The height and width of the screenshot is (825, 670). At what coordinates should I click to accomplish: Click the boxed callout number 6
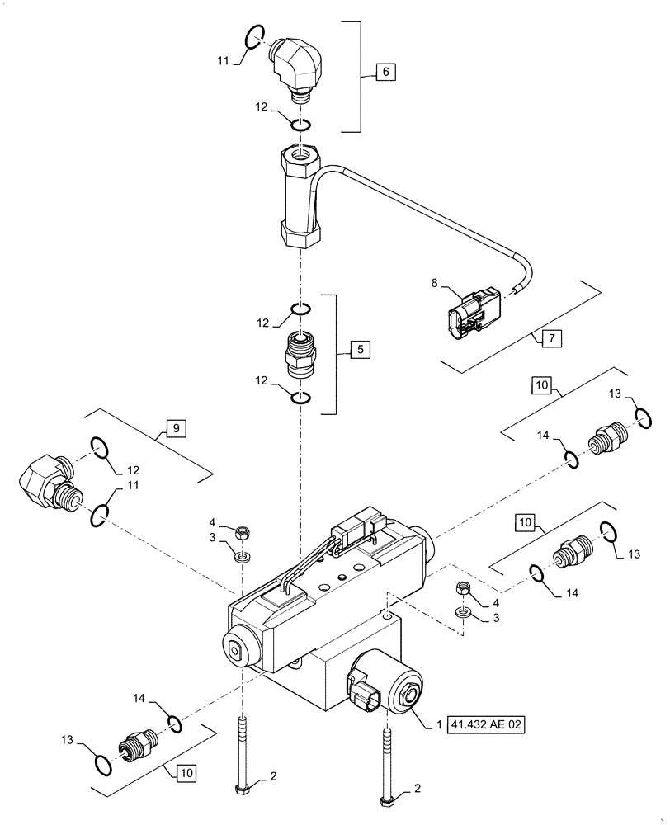point(385,73)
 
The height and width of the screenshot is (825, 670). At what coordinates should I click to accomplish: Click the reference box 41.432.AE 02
point(487,726)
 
